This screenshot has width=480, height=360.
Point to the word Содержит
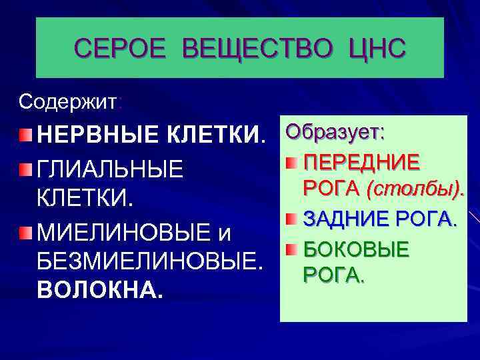click(67, 102)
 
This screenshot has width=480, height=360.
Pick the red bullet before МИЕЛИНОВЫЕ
click(25, 233)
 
